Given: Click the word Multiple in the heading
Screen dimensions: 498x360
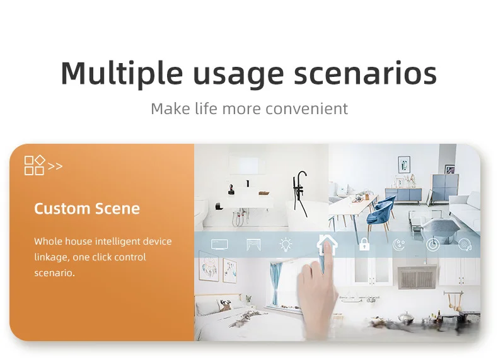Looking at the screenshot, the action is click(122, 74).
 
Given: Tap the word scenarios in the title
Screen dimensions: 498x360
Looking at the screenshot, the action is click(365, 74).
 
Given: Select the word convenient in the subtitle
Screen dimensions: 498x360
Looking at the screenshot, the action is click(307, 108).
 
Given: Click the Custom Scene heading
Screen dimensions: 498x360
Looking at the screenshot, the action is click(87, 209).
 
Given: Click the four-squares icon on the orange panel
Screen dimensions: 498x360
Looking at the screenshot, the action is click(35, 165).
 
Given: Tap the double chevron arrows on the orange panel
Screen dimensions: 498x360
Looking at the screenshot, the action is click(55, 166).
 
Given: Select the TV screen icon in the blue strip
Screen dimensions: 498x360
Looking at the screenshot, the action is click(219, 245).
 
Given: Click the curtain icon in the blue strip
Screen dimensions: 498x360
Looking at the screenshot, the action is click(253, 245).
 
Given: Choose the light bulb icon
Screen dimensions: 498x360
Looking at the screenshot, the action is click(286, 245).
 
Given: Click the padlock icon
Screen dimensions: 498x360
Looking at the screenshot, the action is click(364, 244).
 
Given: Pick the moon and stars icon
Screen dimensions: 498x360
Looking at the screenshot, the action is click(398, 245).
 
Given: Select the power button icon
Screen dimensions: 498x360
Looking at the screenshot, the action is click(432, 245).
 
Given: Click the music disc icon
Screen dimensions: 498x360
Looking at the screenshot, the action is click(465, 245).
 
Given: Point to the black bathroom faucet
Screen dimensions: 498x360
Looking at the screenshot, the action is click(300, 194).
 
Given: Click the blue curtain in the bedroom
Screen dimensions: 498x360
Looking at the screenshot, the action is click(275, 284).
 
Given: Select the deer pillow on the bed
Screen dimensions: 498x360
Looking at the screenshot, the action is click(227, 306).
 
